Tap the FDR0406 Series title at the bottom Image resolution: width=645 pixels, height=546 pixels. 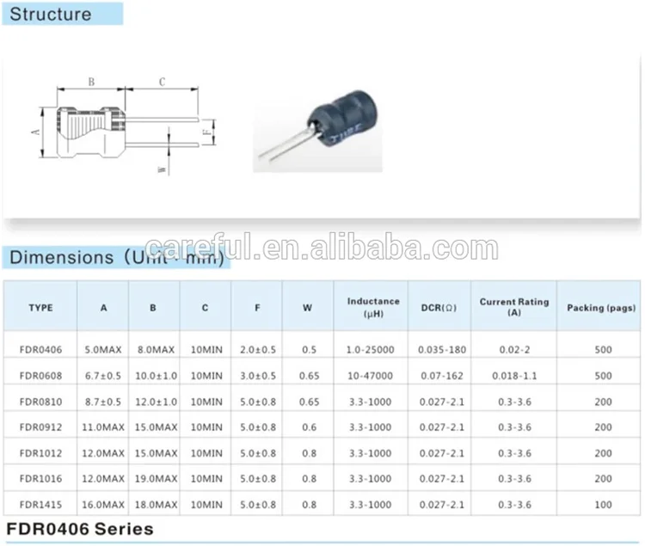80,528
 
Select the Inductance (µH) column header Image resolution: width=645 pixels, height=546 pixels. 373,307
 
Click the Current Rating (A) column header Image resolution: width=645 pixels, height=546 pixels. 513,307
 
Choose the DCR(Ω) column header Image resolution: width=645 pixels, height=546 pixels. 439,307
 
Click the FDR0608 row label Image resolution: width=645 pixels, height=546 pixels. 40,376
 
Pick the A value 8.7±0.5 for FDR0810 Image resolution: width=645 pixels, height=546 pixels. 103,402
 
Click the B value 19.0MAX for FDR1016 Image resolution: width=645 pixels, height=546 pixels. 154,478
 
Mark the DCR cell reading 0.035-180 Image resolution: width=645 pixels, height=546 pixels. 440,350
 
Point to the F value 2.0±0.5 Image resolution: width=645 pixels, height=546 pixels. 257,350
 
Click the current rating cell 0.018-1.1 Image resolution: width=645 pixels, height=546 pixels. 513,376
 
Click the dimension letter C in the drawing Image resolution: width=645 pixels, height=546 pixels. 162,82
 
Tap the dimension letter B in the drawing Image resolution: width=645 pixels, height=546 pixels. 91,82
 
